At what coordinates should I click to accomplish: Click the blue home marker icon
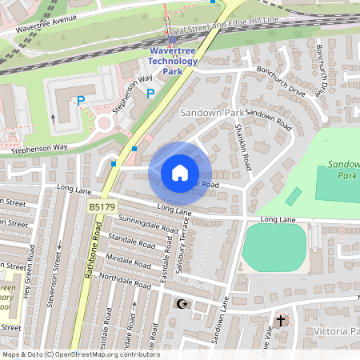click(x=179, y=172)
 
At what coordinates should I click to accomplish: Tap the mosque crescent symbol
click(x=182, y=304)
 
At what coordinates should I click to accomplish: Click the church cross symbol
click(x=280, y=320)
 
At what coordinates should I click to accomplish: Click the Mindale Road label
click(x=129, y=261)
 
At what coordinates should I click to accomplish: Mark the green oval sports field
click(x=274, y=247)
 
